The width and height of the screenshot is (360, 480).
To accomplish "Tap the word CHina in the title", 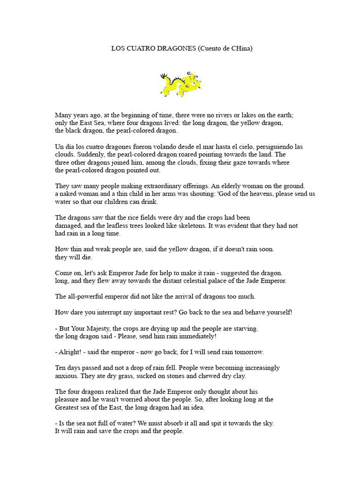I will [239, 48].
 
